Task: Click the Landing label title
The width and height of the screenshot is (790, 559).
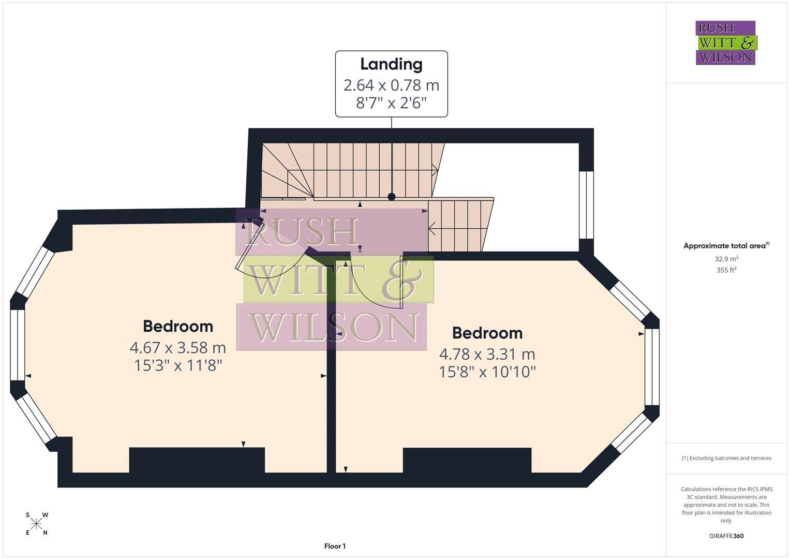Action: pos(391,64)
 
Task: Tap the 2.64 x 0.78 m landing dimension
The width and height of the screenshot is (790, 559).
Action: pos(391,85)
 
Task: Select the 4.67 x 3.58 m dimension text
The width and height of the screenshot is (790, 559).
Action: pos(178,347)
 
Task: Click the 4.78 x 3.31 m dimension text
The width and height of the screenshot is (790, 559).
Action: pos(487,354)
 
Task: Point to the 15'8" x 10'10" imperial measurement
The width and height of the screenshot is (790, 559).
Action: pos(487,372)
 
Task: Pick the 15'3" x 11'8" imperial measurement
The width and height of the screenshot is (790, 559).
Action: pos(178,365)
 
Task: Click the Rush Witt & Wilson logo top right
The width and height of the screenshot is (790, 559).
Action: pos(725,42)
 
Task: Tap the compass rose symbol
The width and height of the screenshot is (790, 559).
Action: pos(36,524)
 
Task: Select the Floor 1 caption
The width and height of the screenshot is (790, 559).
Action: pos(335,546)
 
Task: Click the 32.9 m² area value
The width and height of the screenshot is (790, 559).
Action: pos(726,259)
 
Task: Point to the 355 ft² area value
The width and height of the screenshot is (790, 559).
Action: pos(726,270)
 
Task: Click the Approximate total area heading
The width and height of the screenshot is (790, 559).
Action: pos(726,246)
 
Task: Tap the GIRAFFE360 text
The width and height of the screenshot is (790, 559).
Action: pos(726,536)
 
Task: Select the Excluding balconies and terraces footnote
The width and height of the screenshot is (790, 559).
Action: pos(726,458)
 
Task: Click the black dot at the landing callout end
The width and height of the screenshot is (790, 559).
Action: pos(392,197)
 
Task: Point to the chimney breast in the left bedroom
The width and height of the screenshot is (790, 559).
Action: pos(197,460)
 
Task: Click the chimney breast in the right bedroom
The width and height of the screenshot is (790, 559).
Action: pos(467,460)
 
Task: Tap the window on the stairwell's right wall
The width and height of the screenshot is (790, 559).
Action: pos(586,205)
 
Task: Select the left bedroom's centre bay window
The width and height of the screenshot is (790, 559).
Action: pos(18,345)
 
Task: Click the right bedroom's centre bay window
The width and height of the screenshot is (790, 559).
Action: pos(652,366)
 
